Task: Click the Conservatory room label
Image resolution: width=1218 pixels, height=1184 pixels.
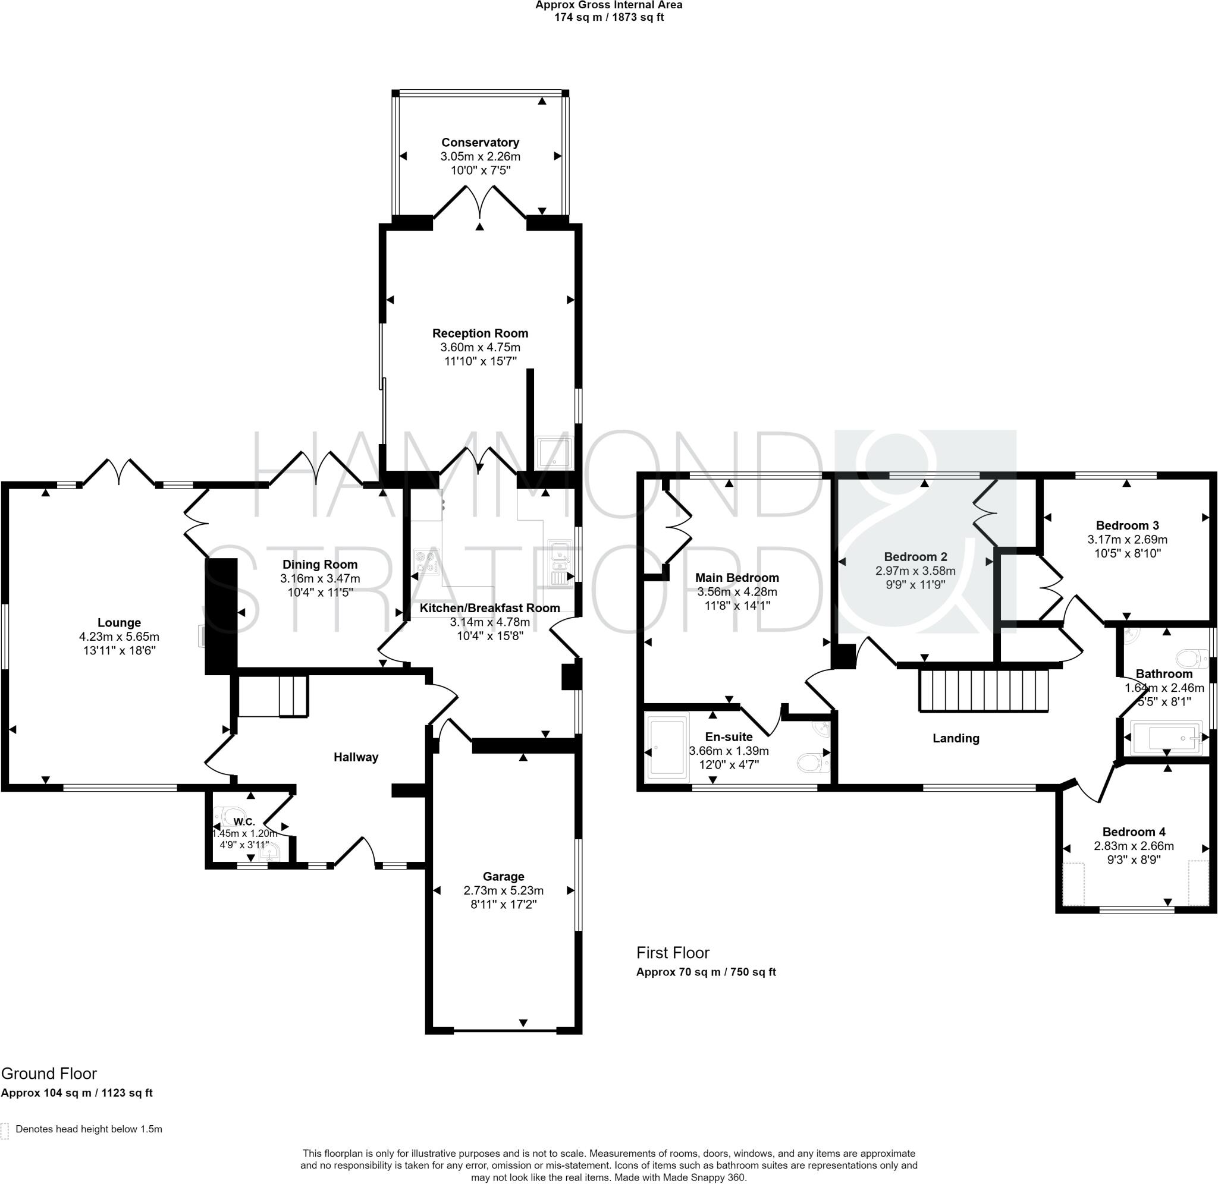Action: click(x=480, y=143)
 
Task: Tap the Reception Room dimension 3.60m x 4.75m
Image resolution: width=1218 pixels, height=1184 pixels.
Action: click(x=480, y=348)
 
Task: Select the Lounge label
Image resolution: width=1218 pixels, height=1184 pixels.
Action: click(x=120, y=622)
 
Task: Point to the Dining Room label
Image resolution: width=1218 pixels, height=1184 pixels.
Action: click(x=320, y=565)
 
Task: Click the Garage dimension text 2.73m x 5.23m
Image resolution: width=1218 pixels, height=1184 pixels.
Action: click(x=503, y=890)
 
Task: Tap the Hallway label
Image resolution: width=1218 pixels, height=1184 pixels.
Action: click(x=356, y=757)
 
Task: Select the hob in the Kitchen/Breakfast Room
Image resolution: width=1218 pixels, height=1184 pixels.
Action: click(x=427, y=562)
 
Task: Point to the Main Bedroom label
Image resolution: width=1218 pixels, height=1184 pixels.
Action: click(x=737, y=578)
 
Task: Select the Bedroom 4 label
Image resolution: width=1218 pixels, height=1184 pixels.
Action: click(x=1134, y=832)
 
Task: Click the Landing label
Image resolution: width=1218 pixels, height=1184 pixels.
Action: click(x=956, y=738)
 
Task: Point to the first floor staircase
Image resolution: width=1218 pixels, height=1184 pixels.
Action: click(x=984, y=689)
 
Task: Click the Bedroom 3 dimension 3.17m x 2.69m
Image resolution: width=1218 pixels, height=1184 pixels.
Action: click(x=1127, y=539)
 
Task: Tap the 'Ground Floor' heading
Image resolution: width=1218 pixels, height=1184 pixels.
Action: click(x=49, y=1073)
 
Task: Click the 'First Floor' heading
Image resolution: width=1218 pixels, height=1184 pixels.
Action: click(x=673, y=953)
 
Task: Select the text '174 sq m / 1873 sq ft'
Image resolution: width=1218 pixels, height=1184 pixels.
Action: click(x=609, y=17)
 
